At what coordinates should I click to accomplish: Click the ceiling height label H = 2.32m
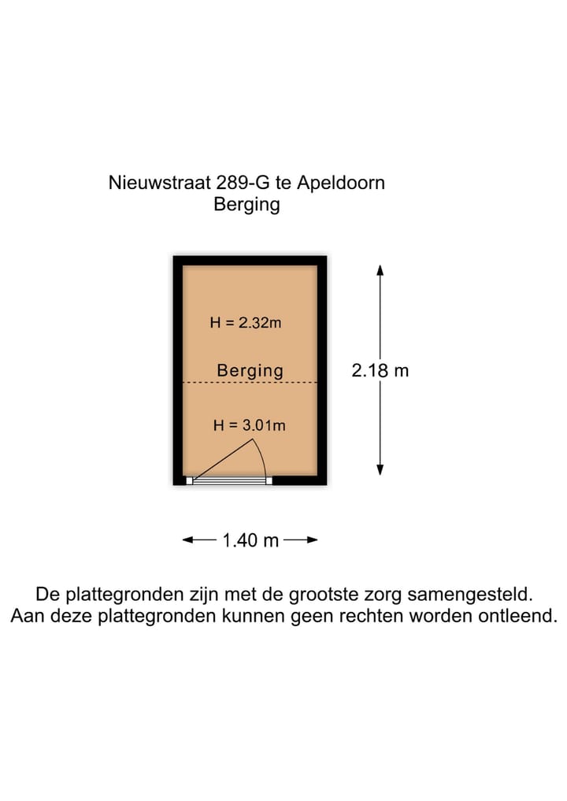pos(245,322)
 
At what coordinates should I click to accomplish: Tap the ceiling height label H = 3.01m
pos(249,426)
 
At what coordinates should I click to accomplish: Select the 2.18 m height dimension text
pos(380,370)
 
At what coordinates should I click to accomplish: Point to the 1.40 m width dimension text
pos(250,540)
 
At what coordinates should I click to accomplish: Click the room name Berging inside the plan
pos(250,370)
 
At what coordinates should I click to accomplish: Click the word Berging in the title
pos(246,206)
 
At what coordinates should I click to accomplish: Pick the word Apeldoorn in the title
pos(340,184)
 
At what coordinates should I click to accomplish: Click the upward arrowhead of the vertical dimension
pos(380,269)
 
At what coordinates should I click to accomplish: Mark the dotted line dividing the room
pos(250,383)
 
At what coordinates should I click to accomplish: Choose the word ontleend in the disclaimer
pos(516,616)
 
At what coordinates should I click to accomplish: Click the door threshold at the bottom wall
pos(229,480)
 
